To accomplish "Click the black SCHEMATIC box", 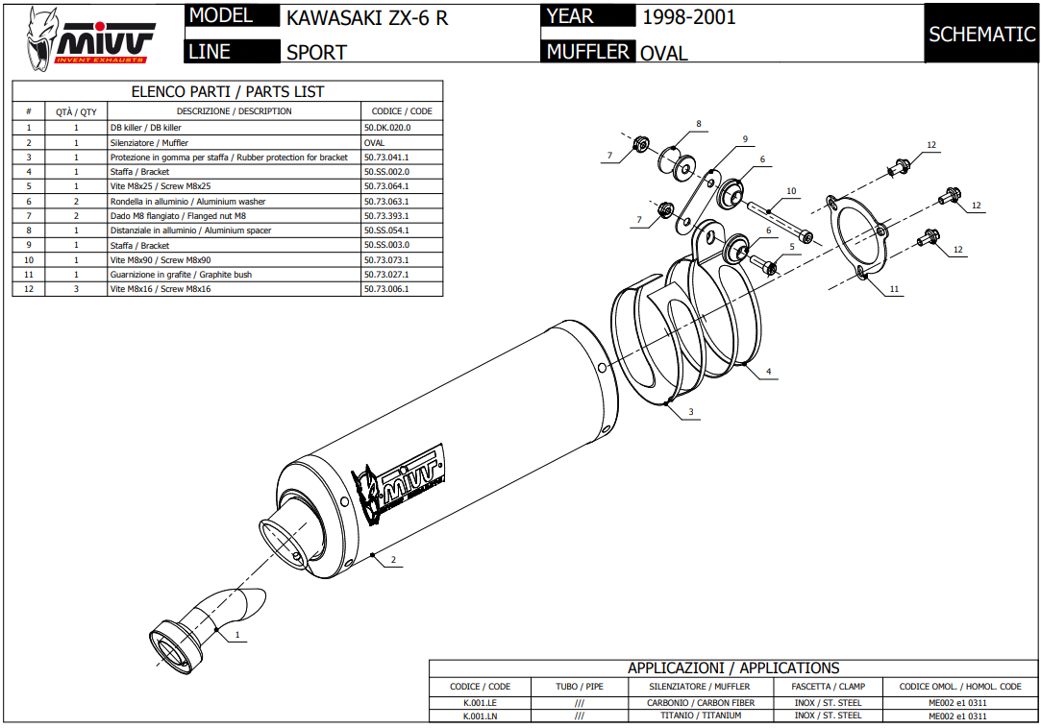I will click(980, 35).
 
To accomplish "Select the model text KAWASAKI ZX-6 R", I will click(367, 17).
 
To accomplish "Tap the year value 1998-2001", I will click(688, 17).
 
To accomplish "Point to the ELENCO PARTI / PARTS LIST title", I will click(228, 92).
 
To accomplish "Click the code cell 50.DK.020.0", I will click(387, 128).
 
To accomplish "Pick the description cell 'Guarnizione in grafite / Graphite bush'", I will click(182, 275).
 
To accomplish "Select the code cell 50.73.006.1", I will click(386, 289).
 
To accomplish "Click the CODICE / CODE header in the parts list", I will click(402, 111).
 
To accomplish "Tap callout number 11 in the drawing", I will click(894, 288).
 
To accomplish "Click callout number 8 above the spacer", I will click(699, 124).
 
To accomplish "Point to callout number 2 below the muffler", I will click(393, 559).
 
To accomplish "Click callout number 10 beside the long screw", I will click(791, 191).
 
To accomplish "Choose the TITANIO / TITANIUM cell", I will click(702, 716).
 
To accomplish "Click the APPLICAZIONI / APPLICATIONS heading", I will click(732, 667).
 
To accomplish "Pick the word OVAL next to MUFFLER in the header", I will click(664, 53).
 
